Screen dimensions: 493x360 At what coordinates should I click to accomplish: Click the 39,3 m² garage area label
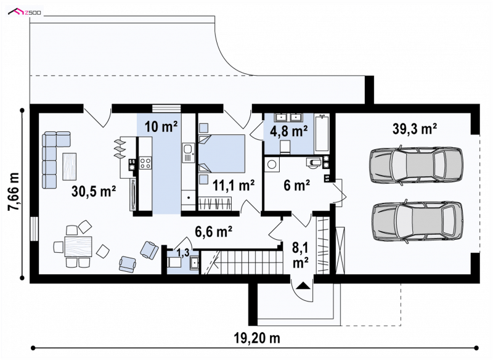(x=414, y=129)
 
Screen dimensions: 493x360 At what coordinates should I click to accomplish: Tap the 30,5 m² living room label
(x=94, y=191)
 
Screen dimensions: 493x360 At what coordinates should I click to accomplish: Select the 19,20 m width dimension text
(x=257, y=338)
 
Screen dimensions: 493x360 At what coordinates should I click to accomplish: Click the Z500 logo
(x=25, y=12)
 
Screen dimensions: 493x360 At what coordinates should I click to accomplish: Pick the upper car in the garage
(x=417, y=164)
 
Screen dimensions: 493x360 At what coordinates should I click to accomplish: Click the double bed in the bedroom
(x=222, y=153)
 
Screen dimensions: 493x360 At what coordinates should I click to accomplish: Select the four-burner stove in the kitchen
(x=145, y=163)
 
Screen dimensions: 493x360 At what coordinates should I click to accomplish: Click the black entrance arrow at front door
(x=303, y=285)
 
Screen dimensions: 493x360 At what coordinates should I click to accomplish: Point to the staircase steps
(x=250, y=262)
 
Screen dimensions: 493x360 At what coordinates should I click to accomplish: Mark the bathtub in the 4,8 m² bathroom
(x=322, y=133)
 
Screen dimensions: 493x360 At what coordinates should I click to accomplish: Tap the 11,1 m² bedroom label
(x=234, y=185)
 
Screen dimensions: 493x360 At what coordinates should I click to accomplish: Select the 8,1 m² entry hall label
(x=300, y=255)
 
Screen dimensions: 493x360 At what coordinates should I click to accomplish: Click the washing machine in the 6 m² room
(x=272, y=165)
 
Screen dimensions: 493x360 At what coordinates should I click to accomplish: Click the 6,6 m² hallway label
(x=213, y=232)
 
